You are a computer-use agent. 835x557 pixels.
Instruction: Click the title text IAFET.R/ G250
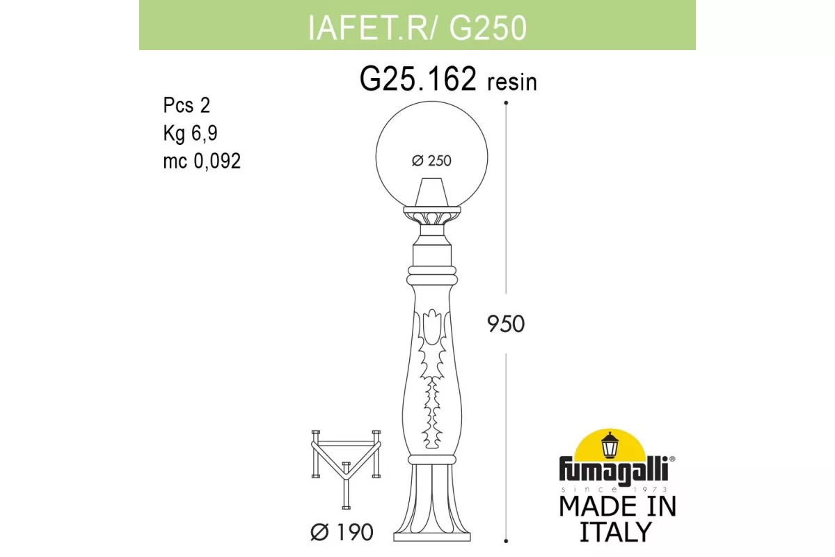417,28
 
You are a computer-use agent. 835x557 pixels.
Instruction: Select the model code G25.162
418,79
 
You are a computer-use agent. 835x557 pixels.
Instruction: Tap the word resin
512,82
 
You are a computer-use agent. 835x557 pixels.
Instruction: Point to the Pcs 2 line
186,105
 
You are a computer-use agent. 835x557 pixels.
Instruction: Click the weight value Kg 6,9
190,133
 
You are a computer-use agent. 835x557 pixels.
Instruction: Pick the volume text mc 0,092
202,161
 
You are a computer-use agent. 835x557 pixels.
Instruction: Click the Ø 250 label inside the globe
431,161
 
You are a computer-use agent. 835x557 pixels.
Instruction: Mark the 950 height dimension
506,324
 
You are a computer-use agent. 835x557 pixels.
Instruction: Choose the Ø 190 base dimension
342,532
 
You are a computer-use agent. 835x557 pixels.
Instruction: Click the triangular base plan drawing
346,469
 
